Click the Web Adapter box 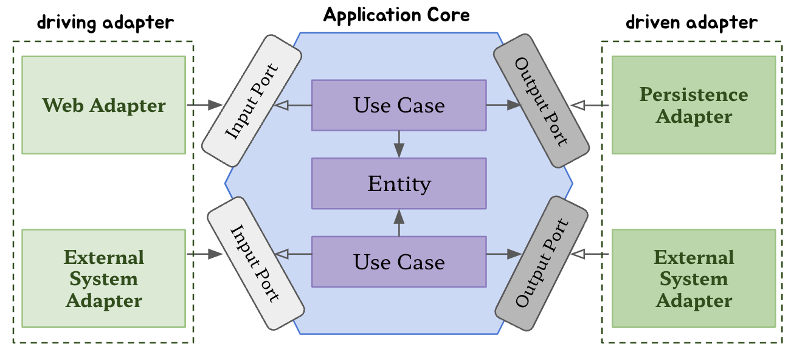tap(103, 105)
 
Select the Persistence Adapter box tap(694, 105)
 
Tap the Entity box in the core tap(399, 183)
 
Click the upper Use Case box tap(399, 105)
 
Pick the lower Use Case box tap(399, 262)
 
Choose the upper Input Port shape tap(252, 100)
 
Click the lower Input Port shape tap(255, 263)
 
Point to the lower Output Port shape tap(541, 263)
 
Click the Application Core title tap(396, 15)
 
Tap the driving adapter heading tap(105, 23)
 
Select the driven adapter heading tap(692, 23)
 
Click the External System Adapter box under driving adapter tap(103, 279)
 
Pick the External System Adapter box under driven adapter tap(694, 279)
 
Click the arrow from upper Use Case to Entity tap(399, 144)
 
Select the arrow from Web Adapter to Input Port tap(204, 105)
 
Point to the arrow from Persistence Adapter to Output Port tap(592, 105)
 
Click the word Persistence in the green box tap(694, 94)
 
